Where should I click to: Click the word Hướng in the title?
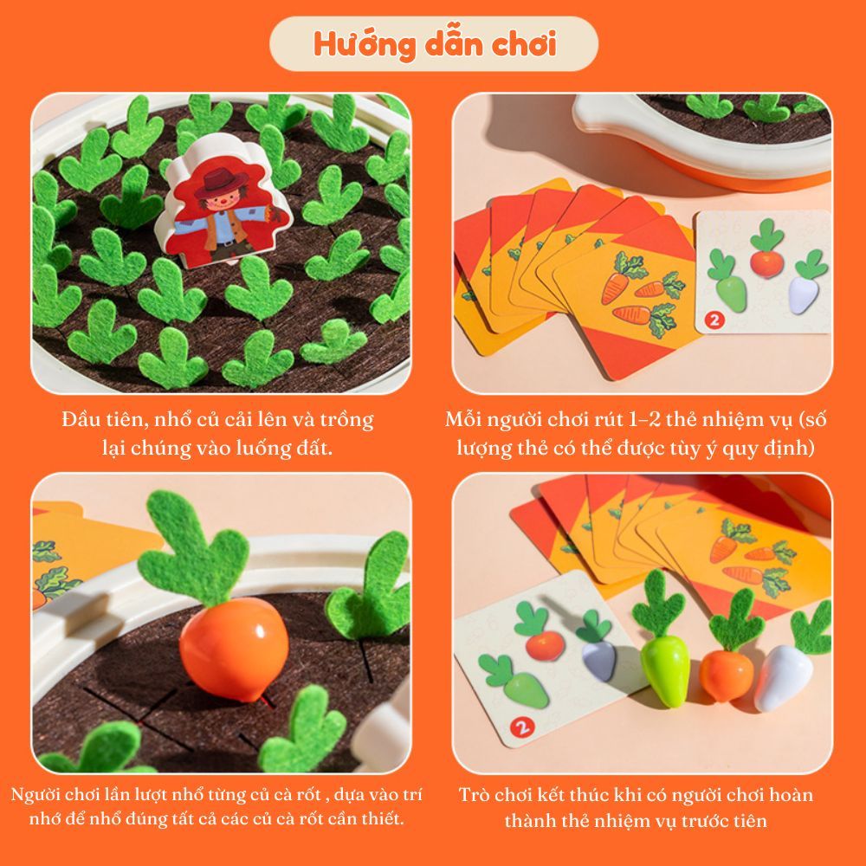click(365, 45)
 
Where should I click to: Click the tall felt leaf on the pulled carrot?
click(191, 546)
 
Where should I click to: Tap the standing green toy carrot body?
click(665, 670)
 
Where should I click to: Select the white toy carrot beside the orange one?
click(783, 678)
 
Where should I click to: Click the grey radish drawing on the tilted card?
click(599, 661)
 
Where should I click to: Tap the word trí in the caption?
click(411, 794)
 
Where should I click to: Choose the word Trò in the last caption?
click(473, 795)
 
